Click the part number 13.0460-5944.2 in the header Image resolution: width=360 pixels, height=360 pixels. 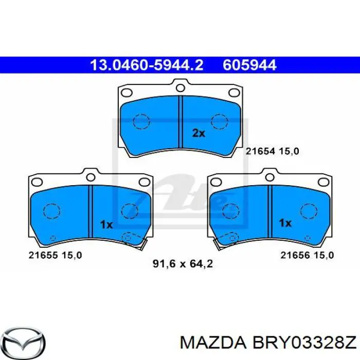click(x=147, y=65)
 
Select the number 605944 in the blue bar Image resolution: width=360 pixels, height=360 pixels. click(x=249, y=65)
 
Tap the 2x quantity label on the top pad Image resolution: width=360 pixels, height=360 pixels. click(x=199, y=133)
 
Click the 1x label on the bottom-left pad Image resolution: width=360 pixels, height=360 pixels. click(x=106, y=224)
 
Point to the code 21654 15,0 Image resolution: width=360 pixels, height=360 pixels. click(x=272, y=151)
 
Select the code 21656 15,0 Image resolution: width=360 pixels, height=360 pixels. click(x=308, y=255)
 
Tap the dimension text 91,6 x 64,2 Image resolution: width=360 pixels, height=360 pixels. click(x=183, y=264)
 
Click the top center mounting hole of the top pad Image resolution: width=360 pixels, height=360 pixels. click(x=179, y=86)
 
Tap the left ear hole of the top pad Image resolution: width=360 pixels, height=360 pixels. click(x=125, y=93)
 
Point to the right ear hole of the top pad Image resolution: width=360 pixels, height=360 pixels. click(x=233, y=93)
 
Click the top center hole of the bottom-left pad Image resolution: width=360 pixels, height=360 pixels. click(x=91, y=177)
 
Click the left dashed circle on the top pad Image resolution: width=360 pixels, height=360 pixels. click(x=140, y=121)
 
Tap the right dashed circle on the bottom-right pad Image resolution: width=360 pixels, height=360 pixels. click(x=308, y=211)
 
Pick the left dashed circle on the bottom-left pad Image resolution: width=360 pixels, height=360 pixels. click(x=51, y=211)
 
